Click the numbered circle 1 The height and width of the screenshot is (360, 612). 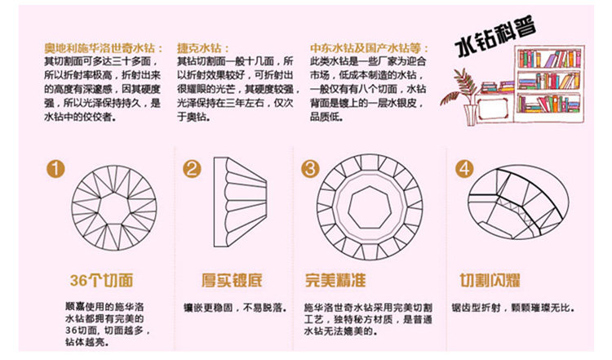tap(55, 169)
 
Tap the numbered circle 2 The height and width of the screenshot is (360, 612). tap(192, 169)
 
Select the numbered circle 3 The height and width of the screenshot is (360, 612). tap(310, 169)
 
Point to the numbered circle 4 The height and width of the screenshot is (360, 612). tap(464, 169)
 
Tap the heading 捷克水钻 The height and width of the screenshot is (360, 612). tap(202, 48)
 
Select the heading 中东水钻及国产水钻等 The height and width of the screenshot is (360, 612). tap(369, 48)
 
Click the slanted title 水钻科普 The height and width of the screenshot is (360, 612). tap(495, 36)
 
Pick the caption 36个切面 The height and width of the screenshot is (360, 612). tap(102, 280)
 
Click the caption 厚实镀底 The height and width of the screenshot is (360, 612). tap(232, 280)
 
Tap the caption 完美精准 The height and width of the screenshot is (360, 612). tap(335, 280)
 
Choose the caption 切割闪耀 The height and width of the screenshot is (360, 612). tap(490, 280)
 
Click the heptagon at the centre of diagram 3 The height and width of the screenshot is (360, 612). tap(369, 207)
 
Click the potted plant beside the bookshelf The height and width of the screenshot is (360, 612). tap(460, 96)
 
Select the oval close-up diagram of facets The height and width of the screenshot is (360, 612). tap(518, 202)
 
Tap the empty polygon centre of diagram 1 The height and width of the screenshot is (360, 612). tap(114, 208)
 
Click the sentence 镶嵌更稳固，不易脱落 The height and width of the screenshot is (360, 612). tap(235, 308)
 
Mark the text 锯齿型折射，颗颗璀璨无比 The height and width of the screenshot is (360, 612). tap(513, 308)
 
